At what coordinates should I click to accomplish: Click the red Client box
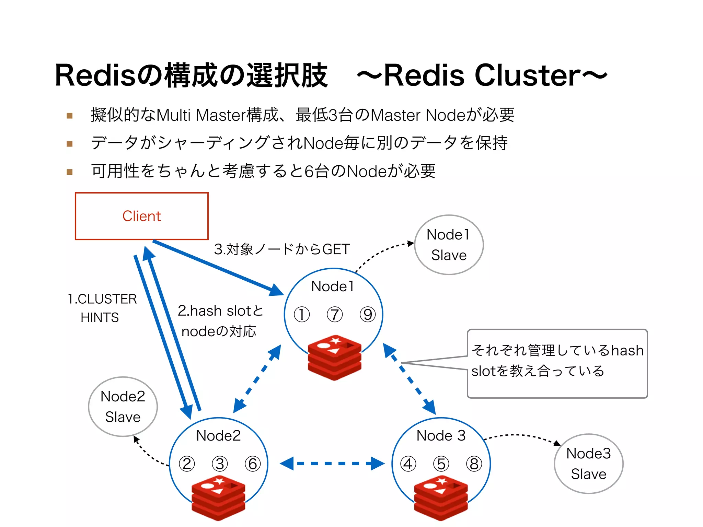(x=141, y=216)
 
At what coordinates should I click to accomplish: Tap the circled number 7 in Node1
(x=335, y=315)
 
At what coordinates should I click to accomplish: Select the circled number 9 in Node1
(x=368, y=315)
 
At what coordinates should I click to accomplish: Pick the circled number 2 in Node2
(x=187, y=464)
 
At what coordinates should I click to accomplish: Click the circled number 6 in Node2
(x=253, y=464)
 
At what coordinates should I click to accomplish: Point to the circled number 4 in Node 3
(x=408, y=464)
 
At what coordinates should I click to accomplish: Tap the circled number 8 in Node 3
(x=474, y=464)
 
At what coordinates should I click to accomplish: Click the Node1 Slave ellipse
(x=449, y=245)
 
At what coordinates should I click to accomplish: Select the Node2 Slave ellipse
(x=123, y=407)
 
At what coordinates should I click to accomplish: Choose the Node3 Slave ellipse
(x=588, y=464)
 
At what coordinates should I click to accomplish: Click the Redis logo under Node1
(x=334, y=358)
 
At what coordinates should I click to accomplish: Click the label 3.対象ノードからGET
(x=282, y=249)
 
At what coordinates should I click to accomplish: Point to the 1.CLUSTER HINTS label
(x=102, y=308)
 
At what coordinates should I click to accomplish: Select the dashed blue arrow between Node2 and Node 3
(x=332, y=464)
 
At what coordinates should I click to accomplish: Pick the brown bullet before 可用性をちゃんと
(x=70, y=172)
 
